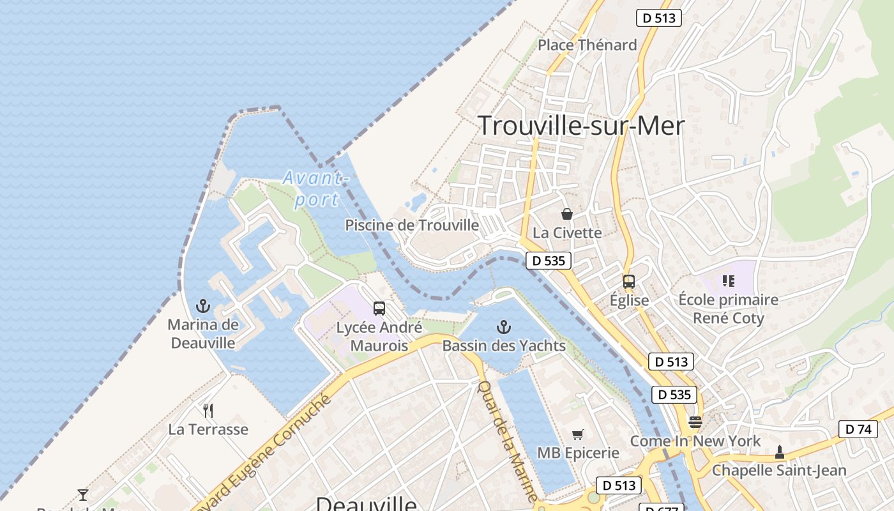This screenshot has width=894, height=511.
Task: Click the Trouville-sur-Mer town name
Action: (580, 126)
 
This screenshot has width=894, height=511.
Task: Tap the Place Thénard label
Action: (587, 45)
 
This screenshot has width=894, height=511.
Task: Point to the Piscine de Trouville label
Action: (412, 225)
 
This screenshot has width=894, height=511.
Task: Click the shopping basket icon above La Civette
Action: (566, 214)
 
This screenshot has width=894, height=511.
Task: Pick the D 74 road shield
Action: (858, 429)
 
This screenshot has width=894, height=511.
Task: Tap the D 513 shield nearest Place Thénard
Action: (658, 18)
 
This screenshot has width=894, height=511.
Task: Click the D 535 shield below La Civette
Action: (549, 261)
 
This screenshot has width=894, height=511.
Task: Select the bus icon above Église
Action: (629, 281)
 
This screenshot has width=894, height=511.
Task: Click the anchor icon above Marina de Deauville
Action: (203, 306)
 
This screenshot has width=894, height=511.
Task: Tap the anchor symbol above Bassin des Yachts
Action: (504, 328)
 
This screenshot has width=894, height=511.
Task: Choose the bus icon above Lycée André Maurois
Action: (379, 309)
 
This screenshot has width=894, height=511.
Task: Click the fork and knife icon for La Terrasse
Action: (208, 410)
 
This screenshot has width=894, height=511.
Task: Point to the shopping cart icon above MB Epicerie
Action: (578, 435)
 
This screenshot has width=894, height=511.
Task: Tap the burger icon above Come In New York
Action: (695, 422)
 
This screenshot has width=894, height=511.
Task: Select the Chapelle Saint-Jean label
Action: (779, 471)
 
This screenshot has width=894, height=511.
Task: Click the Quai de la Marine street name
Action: (508, 440)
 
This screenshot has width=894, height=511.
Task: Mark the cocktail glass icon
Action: (83, 494)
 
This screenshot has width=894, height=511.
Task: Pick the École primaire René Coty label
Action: (728, 309)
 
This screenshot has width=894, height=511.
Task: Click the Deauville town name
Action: (366, 503)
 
